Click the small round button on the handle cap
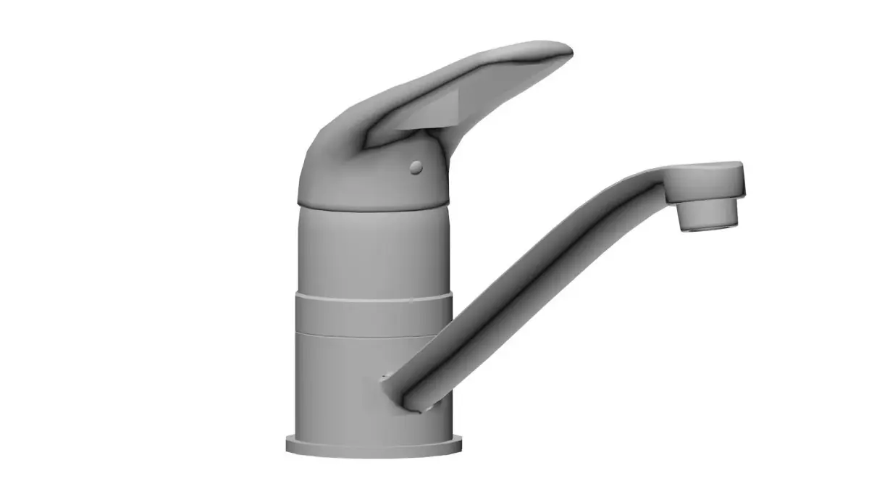tap(416, 167)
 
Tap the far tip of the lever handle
tap(566, 51)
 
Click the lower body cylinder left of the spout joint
tap(333, 384)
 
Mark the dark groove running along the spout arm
tap(521, 290)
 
